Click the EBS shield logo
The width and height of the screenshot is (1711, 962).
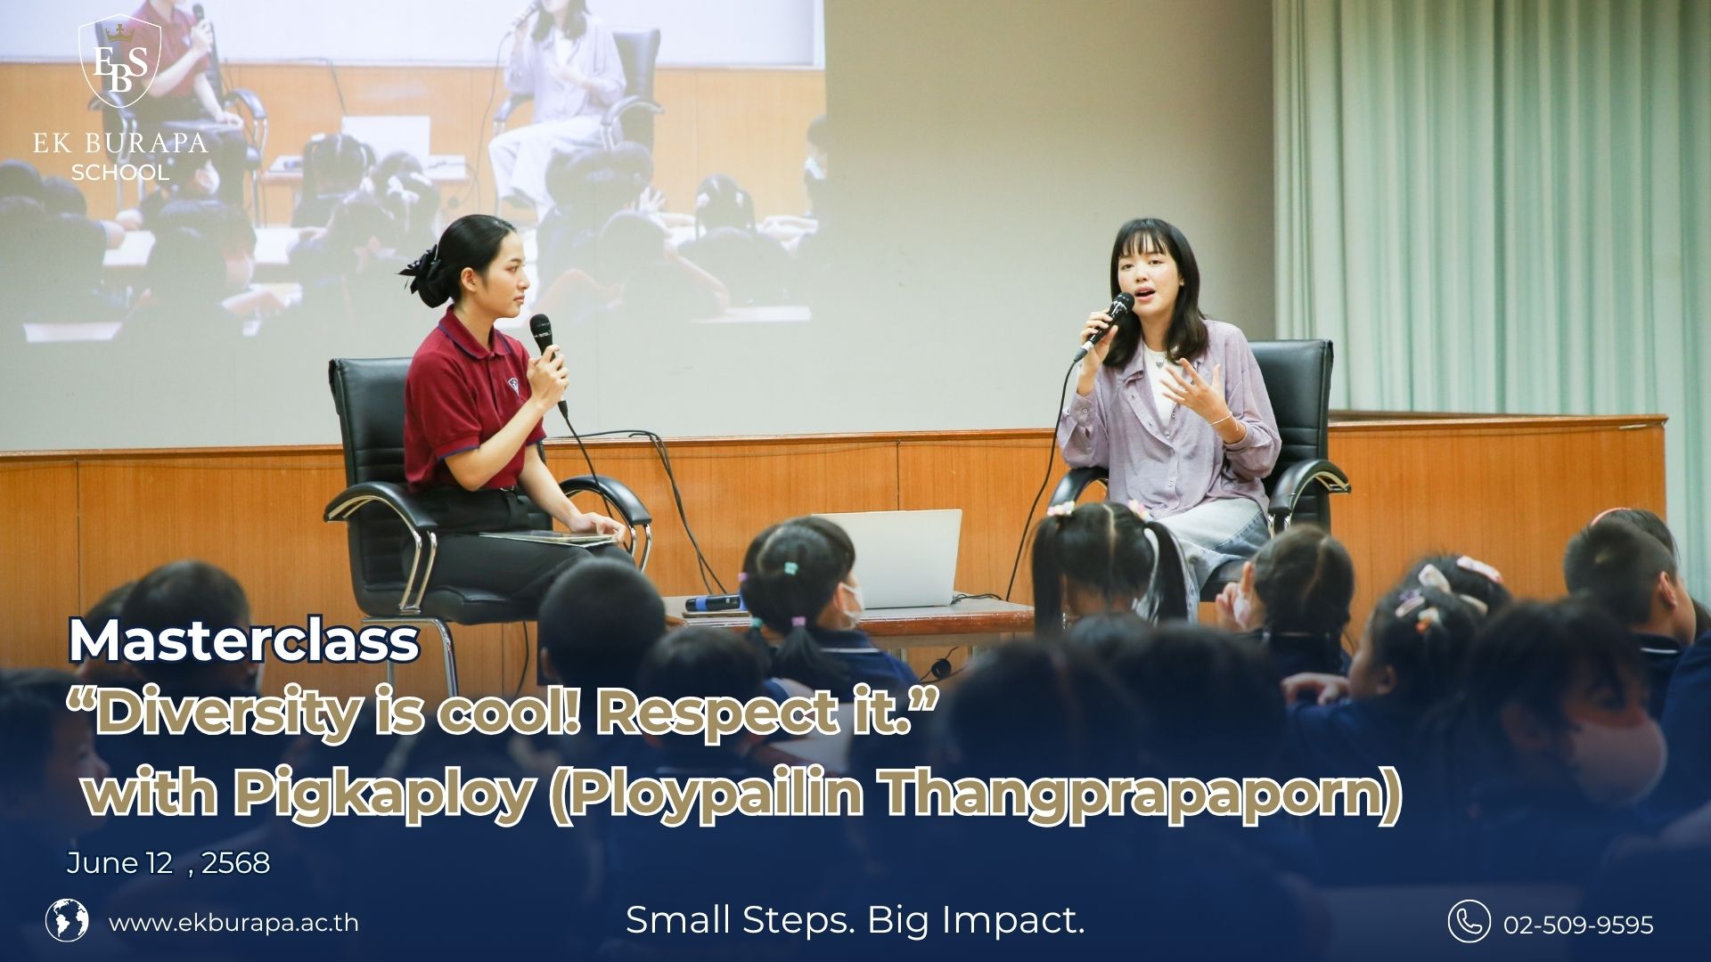pos(120,67)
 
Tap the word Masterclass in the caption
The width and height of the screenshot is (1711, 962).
pos(243,640)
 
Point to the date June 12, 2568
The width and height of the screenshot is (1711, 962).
pos(168,863)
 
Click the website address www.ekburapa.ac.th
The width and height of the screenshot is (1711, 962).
pos(233,922)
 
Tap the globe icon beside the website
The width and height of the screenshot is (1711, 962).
pos(67,921)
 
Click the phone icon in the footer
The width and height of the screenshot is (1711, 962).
pos(1469,921)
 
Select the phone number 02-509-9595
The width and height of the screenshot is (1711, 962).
pos(1578,925)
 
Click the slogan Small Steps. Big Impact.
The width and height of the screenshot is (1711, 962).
pos(855,919)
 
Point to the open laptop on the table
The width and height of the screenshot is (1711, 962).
pos(897,558)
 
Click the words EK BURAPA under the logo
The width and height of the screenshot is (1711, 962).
pos(120,142)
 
